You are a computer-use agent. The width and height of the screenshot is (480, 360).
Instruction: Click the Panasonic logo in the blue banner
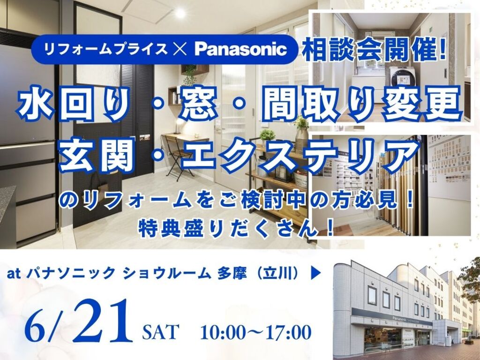[x=240, y=49]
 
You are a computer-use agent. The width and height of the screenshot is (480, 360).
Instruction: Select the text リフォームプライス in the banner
[x=106, y=49]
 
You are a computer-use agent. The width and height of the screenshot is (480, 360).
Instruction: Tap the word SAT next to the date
[x=161, y=332]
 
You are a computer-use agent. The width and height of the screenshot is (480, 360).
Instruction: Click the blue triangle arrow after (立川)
[x=316, y=274]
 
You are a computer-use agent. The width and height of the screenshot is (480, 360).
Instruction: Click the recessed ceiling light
[x=180, y=13]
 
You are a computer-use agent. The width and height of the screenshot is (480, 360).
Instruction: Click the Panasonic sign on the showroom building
[x=412, y=320]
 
